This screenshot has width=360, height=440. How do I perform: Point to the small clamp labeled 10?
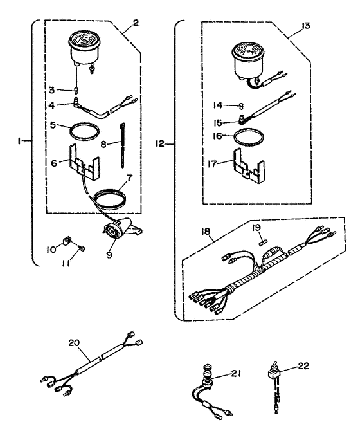coord(64,243)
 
